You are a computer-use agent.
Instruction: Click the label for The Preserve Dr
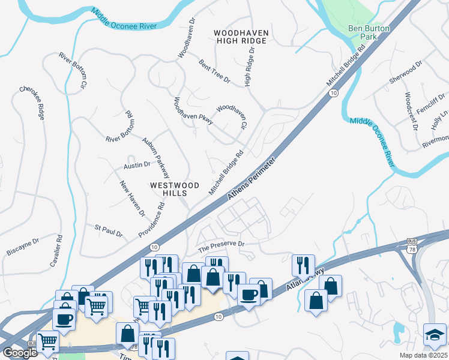click(222, 244)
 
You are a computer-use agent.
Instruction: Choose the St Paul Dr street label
click(109, 230)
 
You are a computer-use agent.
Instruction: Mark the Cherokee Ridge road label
click(32, 103)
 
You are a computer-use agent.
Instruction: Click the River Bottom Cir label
click(73, 71)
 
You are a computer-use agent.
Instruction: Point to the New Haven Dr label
click(132, 198)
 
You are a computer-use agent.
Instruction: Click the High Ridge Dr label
click(250, 67)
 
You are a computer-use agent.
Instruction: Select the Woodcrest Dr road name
click(411, 112)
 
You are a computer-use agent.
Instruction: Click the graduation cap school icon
click(435, 334)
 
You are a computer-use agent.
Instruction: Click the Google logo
click(20, 353)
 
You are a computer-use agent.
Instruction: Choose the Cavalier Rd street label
click(56, 251)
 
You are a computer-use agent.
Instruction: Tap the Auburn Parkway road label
click(156, 153)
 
